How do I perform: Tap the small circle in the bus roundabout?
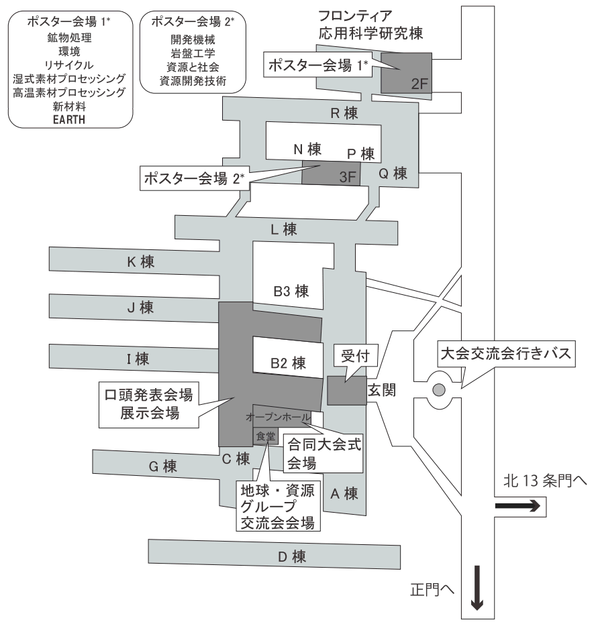pos(439,389)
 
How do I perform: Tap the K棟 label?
pos(141,263)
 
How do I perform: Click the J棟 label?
pos(141,308)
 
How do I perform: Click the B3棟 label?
pos(290,292)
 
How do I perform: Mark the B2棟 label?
pos(288,363)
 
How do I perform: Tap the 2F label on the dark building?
pos(418,85)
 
